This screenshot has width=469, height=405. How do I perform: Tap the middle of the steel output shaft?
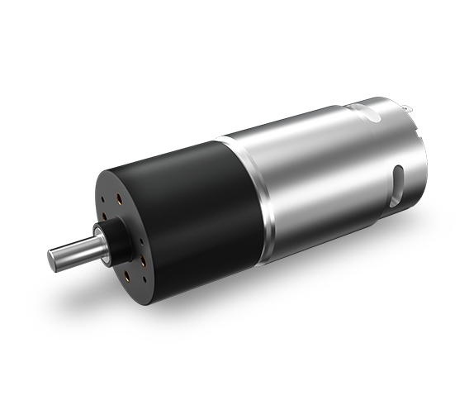[74, 250]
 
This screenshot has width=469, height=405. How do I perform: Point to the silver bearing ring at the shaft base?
[102, 241]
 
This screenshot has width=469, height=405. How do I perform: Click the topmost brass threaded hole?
[121, 198]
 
